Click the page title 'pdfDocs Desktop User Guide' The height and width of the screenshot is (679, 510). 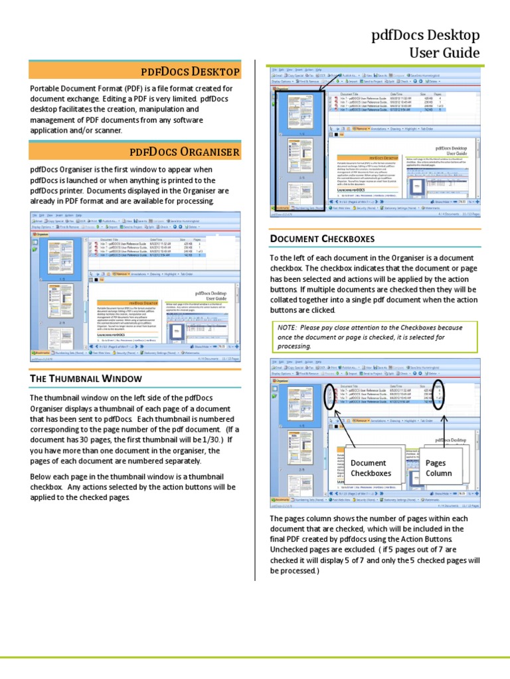coord(425,44)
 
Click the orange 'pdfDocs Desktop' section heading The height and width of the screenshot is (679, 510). coord(190,71)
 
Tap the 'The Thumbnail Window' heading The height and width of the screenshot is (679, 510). coord(96,378)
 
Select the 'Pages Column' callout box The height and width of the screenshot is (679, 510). coord(439,468)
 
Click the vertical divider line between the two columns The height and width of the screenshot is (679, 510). coord(256,318)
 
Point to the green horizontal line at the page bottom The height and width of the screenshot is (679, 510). coord(255,658)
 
